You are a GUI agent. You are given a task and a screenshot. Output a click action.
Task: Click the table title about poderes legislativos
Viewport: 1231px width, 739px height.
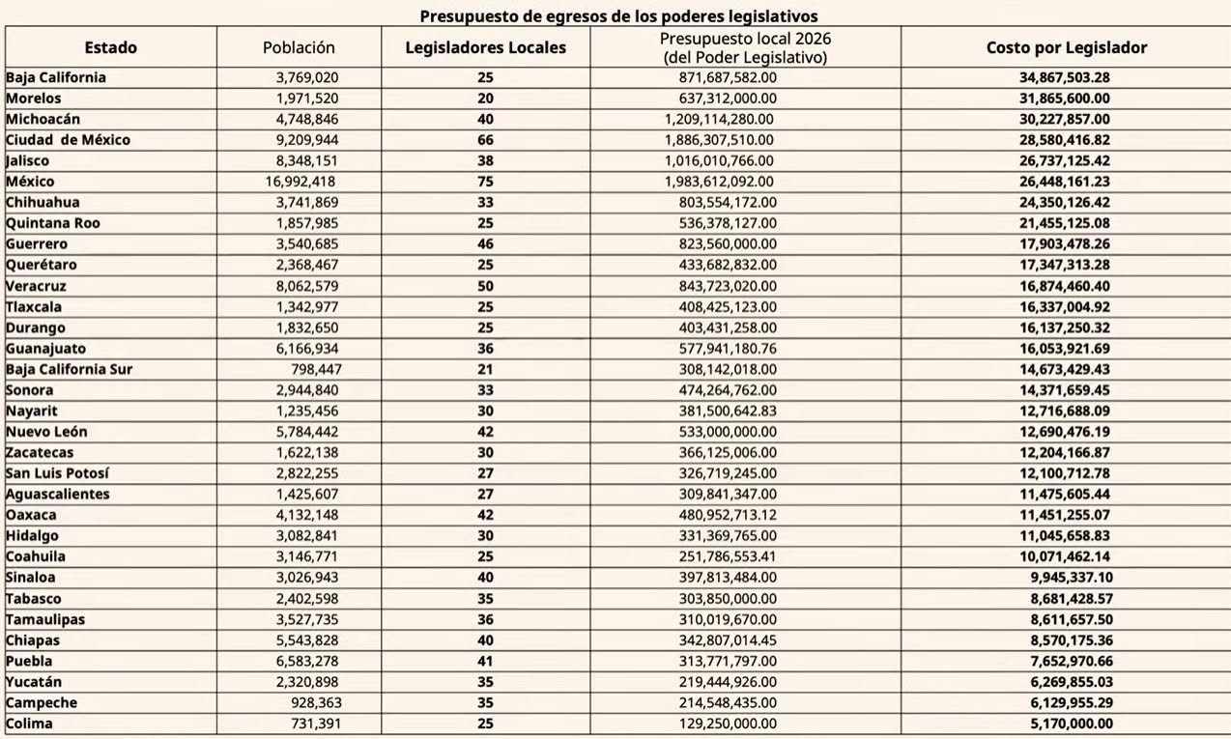(x=618, y=15)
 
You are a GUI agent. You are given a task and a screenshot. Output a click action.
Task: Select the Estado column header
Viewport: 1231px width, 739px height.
(x=111, y=47)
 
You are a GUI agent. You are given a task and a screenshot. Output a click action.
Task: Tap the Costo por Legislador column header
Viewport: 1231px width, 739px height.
(x=1067, y=47)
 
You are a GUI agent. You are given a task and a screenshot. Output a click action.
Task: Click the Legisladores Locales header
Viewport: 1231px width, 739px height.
(x=485, y=47)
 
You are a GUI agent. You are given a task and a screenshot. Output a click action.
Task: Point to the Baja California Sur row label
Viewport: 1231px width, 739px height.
(x=70, y=369)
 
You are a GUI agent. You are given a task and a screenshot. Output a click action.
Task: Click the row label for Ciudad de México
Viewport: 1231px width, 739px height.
(x=68, y=140)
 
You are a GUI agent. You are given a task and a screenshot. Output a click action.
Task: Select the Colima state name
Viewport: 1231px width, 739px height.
(x=29, y=724)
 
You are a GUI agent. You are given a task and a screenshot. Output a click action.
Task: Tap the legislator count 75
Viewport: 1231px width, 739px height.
(x=485, y=182)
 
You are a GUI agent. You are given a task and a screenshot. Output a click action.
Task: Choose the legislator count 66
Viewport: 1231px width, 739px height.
(x=485, y=140)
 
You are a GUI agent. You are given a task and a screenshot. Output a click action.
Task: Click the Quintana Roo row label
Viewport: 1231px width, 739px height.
(x=53, y=223)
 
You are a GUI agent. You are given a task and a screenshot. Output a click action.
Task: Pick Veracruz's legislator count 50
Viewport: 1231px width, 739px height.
(x=485, y=286)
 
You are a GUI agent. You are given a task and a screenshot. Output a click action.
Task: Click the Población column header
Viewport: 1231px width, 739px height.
(x=299, y=47)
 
